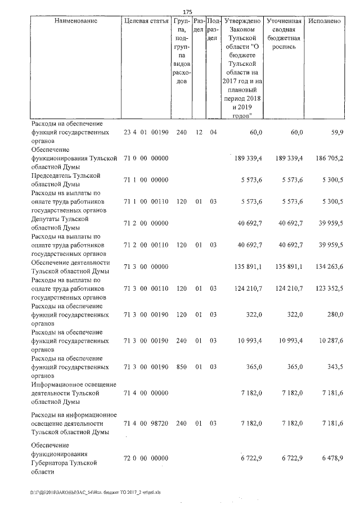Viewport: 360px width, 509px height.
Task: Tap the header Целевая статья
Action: point(146,21)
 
